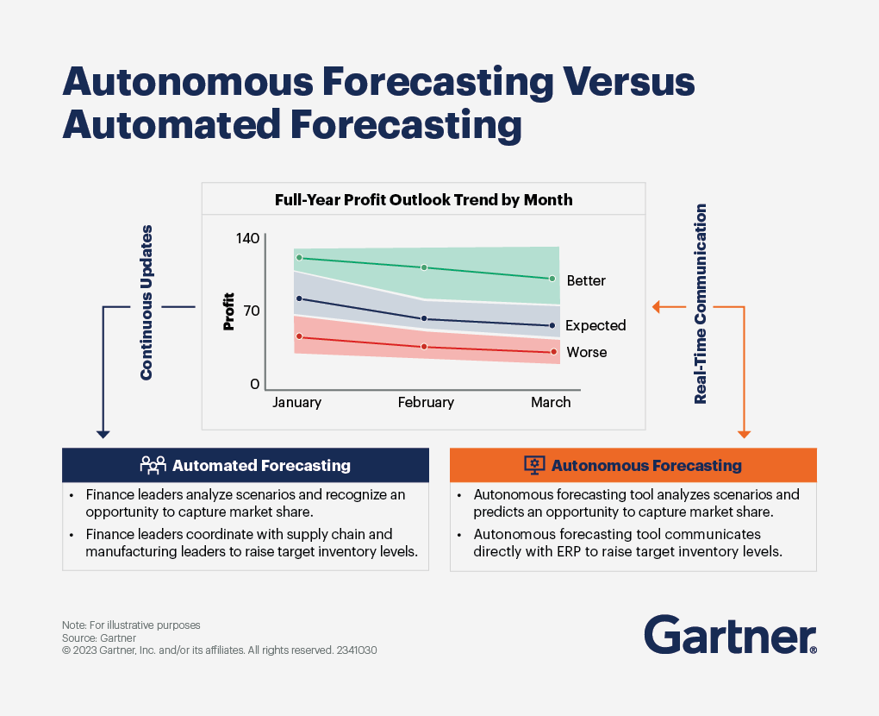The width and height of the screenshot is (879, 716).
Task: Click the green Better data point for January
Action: (x=299, y=258)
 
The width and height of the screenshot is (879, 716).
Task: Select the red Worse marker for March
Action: (x=553, y=352)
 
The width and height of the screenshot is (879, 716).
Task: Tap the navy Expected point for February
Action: (x=424, y=319)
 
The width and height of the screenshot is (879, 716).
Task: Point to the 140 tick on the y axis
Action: (x=247, y=237)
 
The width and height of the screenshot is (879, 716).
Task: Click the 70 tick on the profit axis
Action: (x=251, y=311)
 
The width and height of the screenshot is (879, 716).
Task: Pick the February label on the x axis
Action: (x=426, y=403)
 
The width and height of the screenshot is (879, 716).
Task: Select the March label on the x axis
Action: (x=551, y=403)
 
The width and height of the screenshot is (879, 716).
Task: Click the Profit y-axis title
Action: (x=229, y=312)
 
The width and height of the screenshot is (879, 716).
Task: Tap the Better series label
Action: (x=586, y=281)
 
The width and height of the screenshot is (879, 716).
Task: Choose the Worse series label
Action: (x=586, y=353)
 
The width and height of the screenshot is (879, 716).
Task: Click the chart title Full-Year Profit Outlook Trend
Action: (x=423, y=199)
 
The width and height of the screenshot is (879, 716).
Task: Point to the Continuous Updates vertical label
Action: (x=147, y=303)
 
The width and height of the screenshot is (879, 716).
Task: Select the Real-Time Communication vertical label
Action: (x=701, y=304)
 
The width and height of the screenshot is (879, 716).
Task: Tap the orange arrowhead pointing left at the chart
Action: (x=657, y=306)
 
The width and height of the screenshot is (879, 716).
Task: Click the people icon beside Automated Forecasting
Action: (x=153, y=466)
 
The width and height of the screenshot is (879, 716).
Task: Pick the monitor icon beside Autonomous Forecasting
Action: (x=534, y=466)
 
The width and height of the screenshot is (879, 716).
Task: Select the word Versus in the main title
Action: (x=629, y=84)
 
